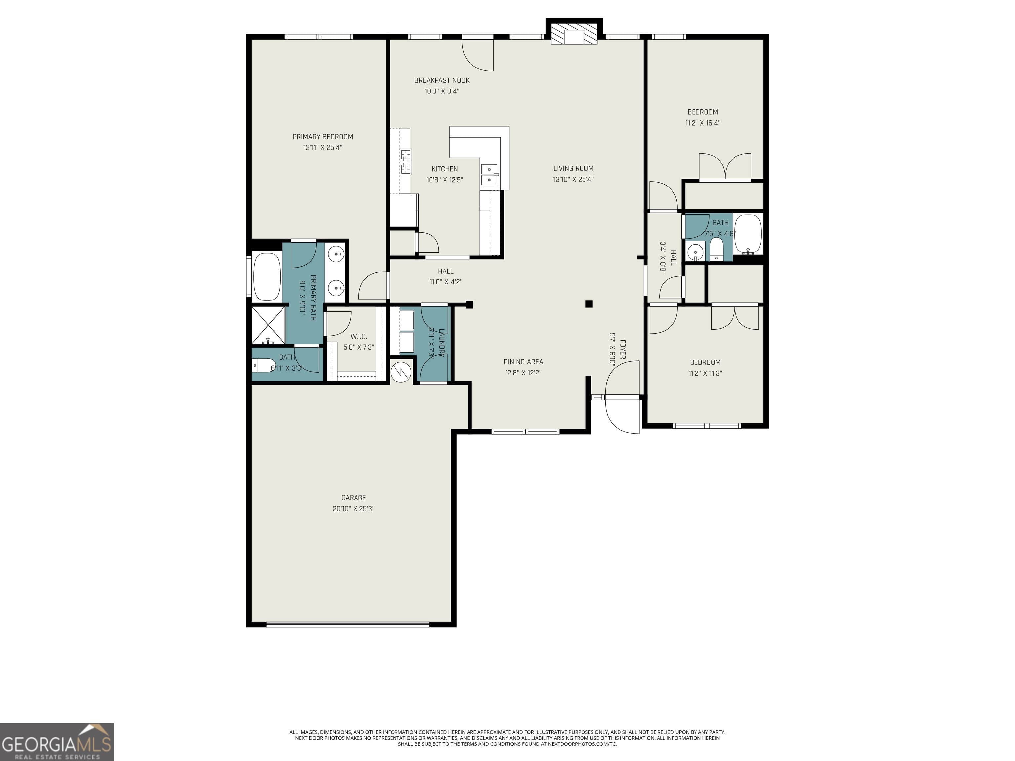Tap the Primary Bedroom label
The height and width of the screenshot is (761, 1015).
tap(322, 137)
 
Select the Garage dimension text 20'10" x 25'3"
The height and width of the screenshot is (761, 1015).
tap(353, 509)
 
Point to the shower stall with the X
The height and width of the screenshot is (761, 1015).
tap(268, 325)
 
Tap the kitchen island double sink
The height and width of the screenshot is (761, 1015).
tap(489, 175)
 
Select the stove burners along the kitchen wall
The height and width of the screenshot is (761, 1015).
tap(406, 162)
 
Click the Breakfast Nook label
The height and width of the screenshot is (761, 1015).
tap(441, 80)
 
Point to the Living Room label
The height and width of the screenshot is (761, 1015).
tap(573, 168)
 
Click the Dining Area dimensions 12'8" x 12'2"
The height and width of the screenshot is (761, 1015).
tap(523, 373)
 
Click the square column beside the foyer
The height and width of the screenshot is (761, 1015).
tap(589, 304)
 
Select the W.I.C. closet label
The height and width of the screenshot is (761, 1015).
tap(358, 337)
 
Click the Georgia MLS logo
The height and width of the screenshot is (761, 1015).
tap(56, 742)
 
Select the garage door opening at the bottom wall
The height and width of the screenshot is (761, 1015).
tap(347, 624)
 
